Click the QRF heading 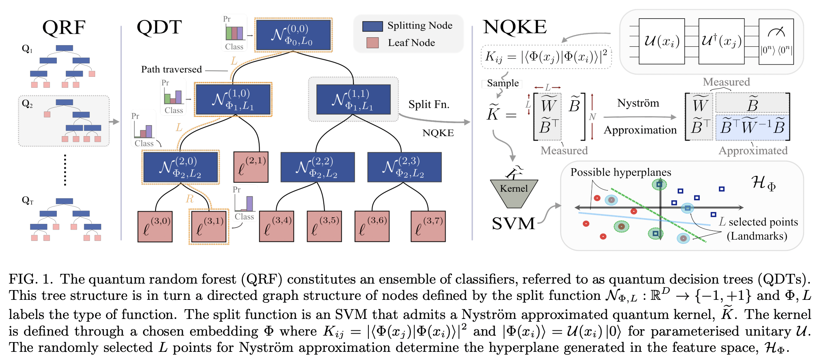click(x=64, y=28)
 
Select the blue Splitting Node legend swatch click(x=372, y=26)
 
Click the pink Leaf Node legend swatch click(x=372, y=43)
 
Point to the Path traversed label click(x=171, y=69)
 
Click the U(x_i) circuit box click(x=662, y=41)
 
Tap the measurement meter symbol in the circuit click(x=776, y=32)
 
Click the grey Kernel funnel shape click(x=514, y=193)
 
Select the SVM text click(x=513, y=223)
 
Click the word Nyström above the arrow click(x=638, y=103)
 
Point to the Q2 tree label click(x=27, y=104)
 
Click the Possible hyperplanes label click(x=621, y=172)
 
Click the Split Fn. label click(x=429, y=105)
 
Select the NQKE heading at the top click(x=515, y=27)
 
